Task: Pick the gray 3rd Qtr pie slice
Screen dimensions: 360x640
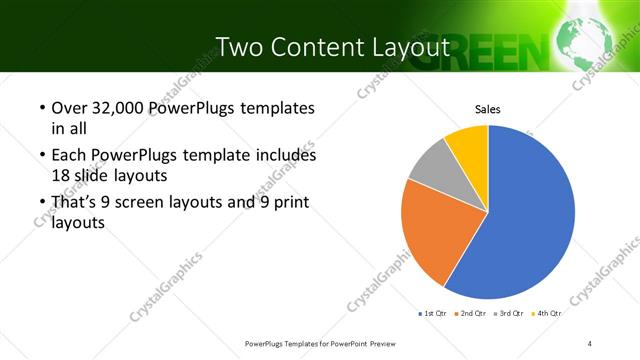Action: click(x=428, y=165)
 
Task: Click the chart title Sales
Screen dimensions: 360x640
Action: click(x=487, y=109)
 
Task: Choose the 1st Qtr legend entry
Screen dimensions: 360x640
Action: click(x=432, y=313)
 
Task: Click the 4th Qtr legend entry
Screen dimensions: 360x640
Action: click(x=547, y=313)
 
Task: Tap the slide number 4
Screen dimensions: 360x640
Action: click(x=590, y=343)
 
